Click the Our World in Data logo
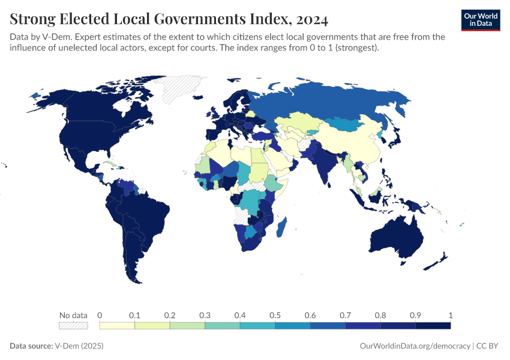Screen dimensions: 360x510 481,20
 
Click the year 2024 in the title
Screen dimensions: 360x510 312,19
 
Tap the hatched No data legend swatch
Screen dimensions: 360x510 73,325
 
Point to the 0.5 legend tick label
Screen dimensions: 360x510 275,315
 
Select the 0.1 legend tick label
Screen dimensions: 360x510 134,315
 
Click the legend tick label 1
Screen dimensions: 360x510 450,315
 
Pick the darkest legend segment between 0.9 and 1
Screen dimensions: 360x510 433,325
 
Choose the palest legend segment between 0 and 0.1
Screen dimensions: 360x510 117,325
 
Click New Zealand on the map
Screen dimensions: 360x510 437,262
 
